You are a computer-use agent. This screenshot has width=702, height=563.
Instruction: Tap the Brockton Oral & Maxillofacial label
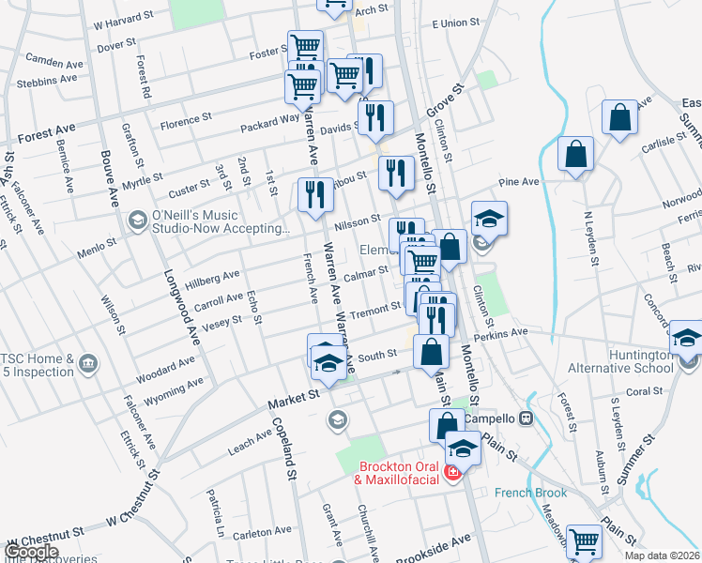[x=397, y=473]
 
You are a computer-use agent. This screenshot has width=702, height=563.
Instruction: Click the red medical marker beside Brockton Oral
[x=452, y=472]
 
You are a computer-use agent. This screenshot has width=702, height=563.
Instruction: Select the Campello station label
[x=492, y=418]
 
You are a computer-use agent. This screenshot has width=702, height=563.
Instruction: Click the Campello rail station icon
[x=526, y=418]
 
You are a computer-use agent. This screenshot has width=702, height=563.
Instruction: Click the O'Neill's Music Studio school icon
[x=137, y=221]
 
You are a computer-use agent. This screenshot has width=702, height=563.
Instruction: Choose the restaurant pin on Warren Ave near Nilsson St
[x=314, y=193]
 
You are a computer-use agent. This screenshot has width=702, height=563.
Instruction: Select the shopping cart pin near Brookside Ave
[x=584, y=540]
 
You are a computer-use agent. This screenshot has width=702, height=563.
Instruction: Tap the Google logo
[x=32, y=552]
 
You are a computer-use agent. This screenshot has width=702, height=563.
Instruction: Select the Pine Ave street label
[x=519, y=181]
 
